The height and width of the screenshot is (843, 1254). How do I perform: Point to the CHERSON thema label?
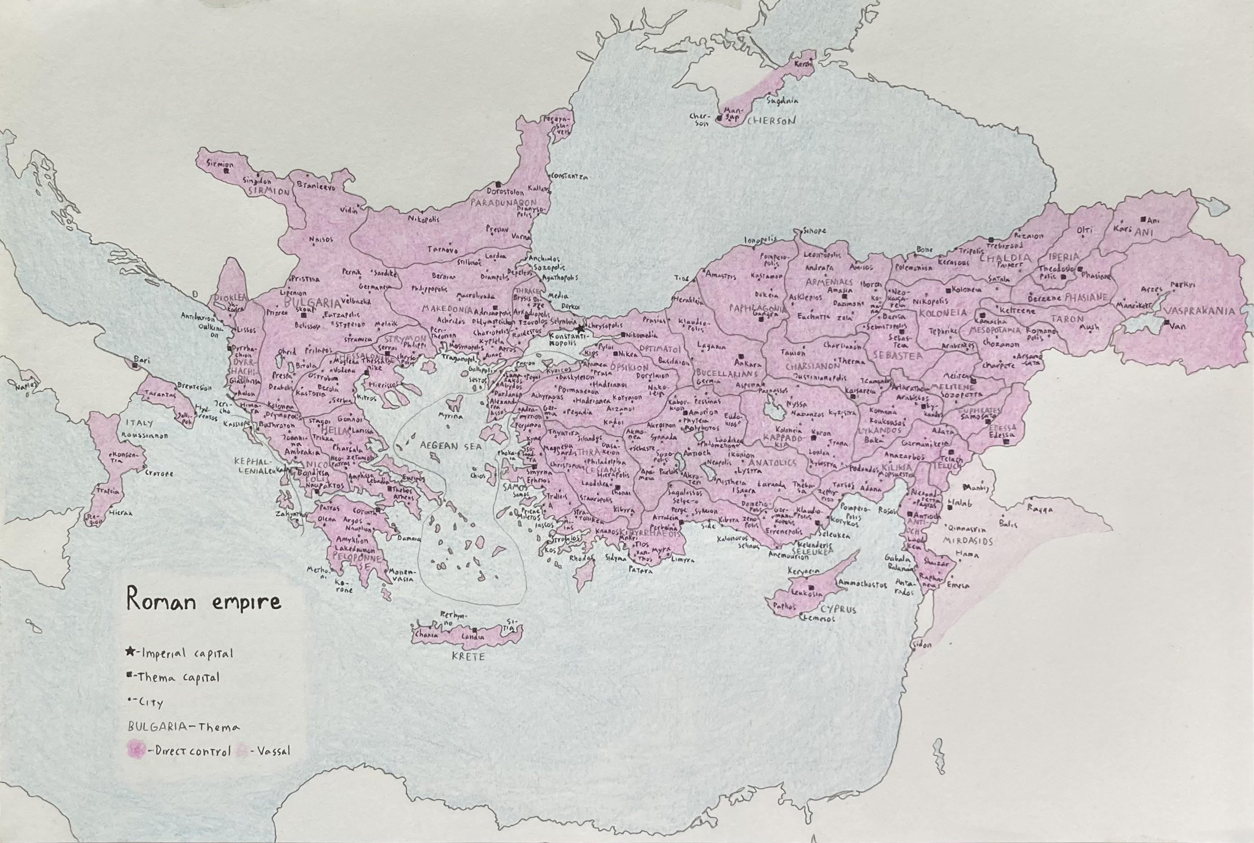pyautogui.click(x=769, y=121)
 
